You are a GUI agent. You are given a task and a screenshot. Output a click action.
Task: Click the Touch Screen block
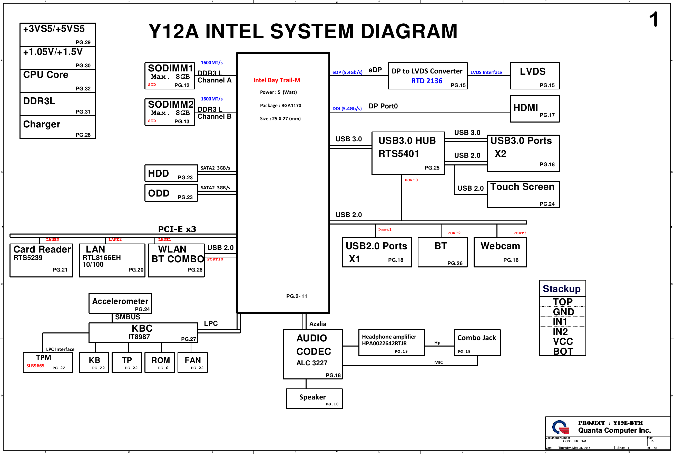coord(523,194)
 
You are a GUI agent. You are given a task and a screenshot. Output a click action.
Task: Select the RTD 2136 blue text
coord(427,81)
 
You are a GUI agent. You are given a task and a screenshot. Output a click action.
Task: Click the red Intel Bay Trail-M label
coord(277,80)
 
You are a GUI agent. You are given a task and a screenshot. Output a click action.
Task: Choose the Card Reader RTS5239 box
coord(41,260)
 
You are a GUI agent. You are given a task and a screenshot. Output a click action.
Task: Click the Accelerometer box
coord(120,303)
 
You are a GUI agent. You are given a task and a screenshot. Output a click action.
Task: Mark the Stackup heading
coord(562,289)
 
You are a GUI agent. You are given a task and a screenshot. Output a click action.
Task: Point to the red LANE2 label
coord(115,240)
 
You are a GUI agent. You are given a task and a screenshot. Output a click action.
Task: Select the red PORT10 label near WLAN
coord(215,260)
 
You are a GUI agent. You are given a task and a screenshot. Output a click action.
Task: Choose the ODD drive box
coord(171,193)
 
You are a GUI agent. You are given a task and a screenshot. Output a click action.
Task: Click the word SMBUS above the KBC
coord(128,317)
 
